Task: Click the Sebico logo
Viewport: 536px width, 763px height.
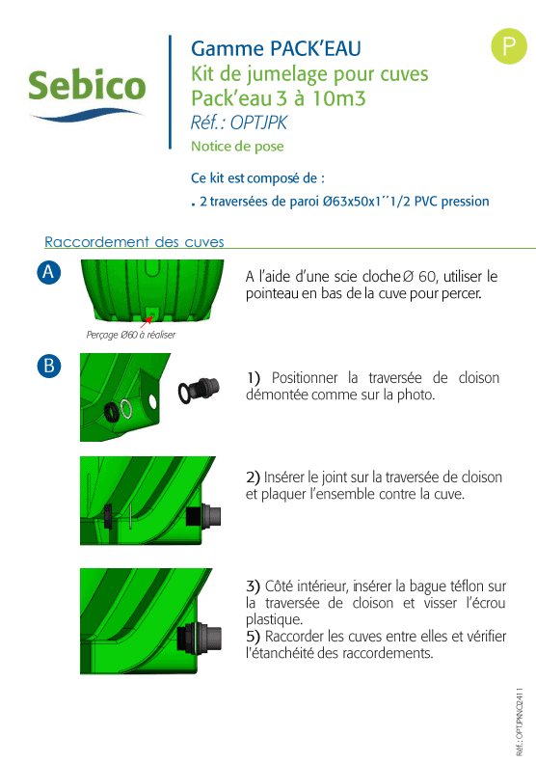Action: tap(87, 94)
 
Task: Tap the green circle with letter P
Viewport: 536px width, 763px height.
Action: tap(509, 46)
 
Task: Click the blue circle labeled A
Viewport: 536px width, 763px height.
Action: tap(49, 272)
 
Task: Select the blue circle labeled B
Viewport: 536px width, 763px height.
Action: tap(49, 366)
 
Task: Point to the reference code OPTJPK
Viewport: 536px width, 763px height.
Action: tap(258, 123)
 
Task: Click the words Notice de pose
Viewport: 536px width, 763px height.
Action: tap(237, 146)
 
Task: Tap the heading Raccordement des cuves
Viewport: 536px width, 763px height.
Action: tap(134, 242)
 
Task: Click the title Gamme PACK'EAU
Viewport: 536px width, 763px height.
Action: tap(276, 48)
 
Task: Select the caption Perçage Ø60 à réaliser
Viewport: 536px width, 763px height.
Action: tap(131, 335)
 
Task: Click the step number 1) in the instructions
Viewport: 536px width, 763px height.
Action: tap(253, 377)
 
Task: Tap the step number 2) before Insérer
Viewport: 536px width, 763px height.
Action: tap(253, 477)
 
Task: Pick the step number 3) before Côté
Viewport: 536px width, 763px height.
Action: tap(253, 586)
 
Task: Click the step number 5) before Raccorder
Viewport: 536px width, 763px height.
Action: tap(253, 636)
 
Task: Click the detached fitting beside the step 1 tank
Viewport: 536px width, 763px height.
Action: tap(199, 391)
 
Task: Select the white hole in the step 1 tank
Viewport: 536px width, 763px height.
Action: tap(152, 402)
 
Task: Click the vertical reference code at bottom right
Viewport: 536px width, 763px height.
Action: tap(520, 722)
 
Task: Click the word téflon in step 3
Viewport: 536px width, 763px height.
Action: tap(467, 586)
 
